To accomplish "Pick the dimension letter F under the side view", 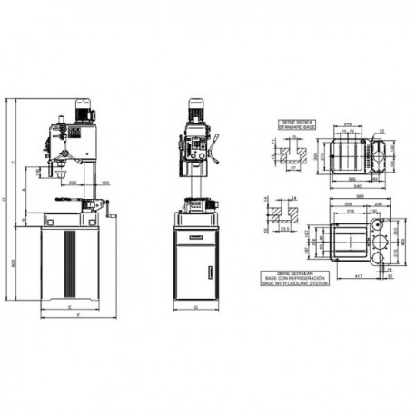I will point(78,317).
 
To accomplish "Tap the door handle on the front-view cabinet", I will point(210,270).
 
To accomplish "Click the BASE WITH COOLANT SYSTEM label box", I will point(295,277).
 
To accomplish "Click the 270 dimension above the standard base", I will point(347,124).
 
